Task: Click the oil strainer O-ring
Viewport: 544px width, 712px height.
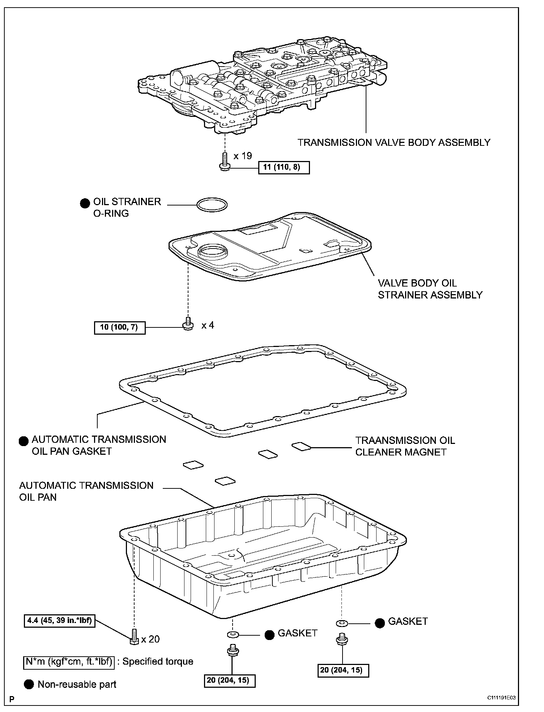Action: [x=212, y=204]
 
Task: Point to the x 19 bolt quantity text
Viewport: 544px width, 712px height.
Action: [x=242, y=156]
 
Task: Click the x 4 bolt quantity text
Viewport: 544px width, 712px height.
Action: [x=208, y=326]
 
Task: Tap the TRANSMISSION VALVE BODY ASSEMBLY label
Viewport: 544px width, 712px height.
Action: [x=394, y=143]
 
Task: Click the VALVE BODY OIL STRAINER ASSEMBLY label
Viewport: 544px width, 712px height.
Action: [x=430, y=289]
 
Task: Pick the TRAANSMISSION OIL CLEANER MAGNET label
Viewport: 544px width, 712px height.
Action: [x=405, y=446]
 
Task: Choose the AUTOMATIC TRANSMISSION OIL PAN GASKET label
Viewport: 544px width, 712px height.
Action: [x=98, y=445]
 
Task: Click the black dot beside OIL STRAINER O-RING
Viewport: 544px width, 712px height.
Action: [x=85, y=203]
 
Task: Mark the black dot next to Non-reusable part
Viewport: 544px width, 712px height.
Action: [x=29, y=684]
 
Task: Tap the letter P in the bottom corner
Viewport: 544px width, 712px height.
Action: [x=12, y=698]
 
